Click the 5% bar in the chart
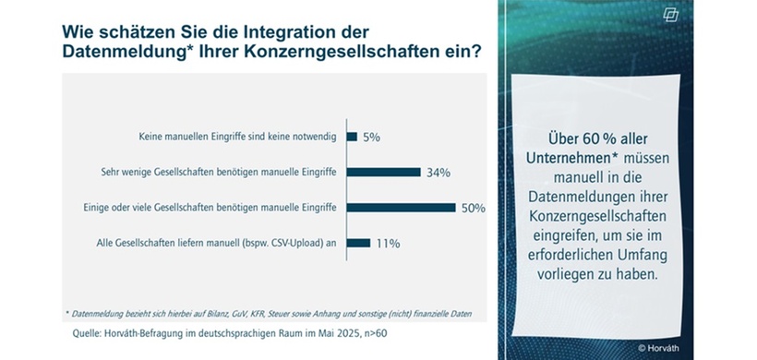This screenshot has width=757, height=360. click(x=352, y=137)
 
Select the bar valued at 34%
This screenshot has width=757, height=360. click(x=383, y=172)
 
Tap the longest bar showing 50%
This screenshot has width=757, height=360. click(x=401, y=208)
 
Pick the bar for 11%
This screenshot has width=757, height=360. click(x=358, y=243)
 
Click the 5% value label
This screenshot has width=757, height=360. click(x=371, y=137)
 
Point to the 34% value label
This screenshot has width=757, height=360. click(x=438, y=172)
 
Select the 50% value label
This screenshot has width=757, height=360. click(x=473, y=208)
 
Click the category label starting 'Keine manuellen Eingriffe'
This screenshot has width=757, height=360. click(x=234, y=137)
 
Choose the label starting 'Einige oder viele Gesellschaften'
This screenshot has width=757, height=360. click(x=211, y=208)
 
